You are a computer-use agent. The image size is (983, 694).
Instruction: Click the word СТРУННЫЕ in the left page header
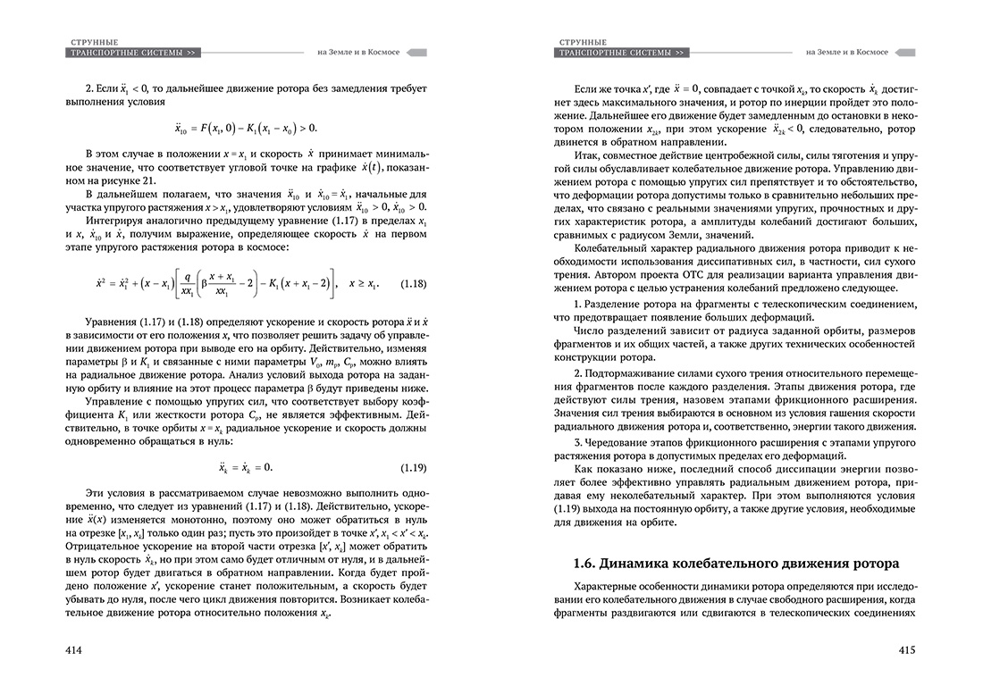(x=93, y=42)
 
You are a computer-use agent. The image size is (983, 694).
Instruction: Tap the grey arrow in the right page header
(x=904, y=53)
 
